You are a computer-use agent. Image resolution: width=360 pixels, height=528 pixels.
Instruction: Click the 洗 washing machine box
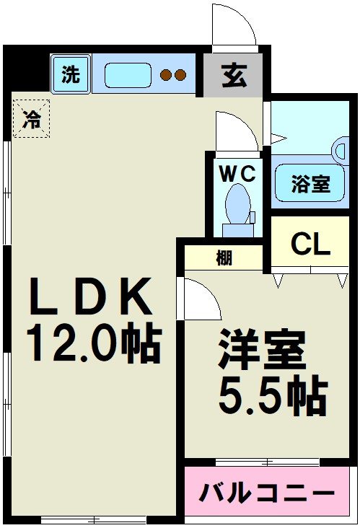point(71,74)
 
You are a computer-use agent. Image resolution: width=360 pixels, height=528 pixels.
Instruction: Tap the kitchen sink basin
point(128,74)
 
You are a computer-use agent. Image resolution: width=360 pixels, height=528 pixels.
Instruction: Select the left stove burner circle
point(166,74)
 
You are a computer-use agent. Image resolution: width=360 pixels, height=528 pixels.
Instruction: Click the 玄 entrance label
point(233,75)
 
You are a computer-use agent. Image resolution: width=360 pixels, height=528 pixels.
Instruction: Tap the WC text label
point(237,174)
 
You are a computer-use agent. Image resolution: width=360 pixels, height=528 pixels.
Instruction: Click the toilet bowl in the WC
point(237,205)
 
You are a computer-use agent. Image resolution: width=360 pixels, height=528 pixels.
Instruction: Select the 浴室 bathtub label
point(312,185)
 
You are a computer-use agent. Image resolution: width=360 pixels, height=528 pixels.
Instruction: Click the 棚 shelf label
point(224,258)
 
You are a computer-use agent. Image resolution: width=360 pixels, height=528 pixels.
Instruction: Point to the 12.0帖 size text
point(93,343)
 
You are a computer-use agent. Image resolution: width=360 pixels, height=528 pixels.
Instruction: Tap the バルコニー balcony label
point(268,495)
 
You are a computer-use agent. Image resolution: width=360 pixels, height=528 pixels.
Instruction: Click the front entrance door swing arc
point(233,25)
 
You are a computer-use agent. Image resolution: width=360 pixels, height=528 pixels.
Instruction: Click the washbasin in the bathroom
point(341,149)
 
